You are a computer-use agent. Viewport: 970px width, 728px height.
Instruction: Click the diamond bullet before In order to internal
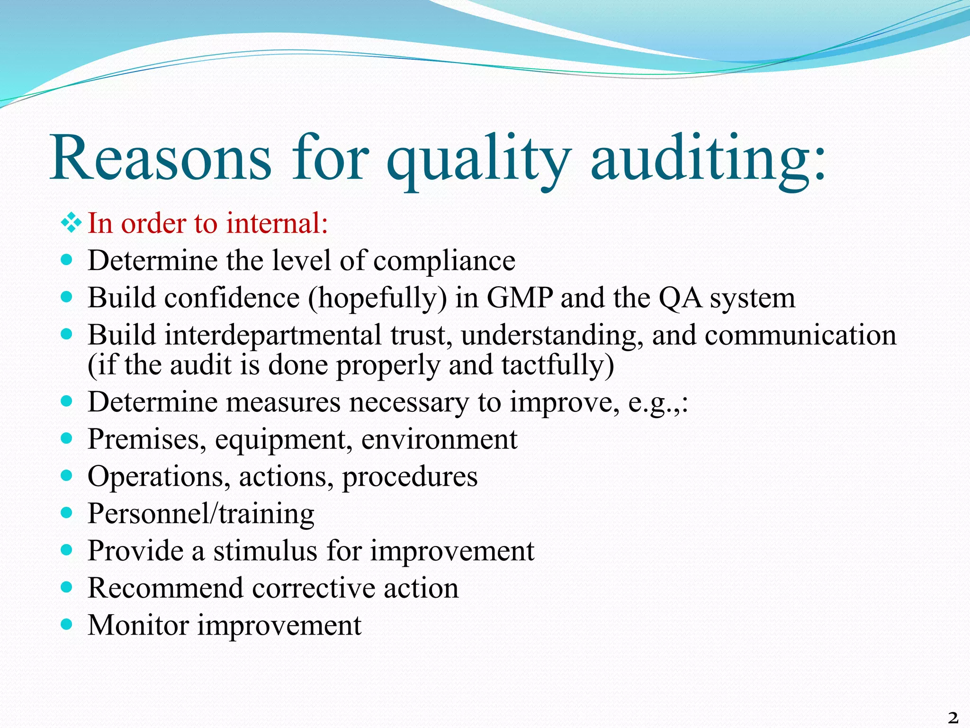pyautogui.click(x=71, y=223)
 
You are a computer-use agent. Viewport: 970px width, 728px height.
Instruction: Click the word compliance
pyautogui.click(x=444, y=261)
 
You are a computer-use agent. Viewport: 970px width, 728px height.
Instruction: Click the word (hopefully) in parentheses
pyautogui.click(x=377, y=299)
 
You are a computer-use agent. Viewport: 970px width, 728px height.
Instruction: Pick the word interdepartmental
pyautogui.click(x=273, y=335)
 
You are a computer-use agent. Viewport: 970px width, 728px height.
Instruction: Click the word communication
pyautogui.click(x=800, y=335)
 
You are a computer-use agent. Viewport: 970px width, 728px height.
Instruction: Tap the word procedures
pyautogui.click(x=410, y=477)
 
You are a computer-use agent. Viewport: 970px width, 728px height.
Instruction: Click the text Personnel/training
pyautogui.click(x=201, y=514)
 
